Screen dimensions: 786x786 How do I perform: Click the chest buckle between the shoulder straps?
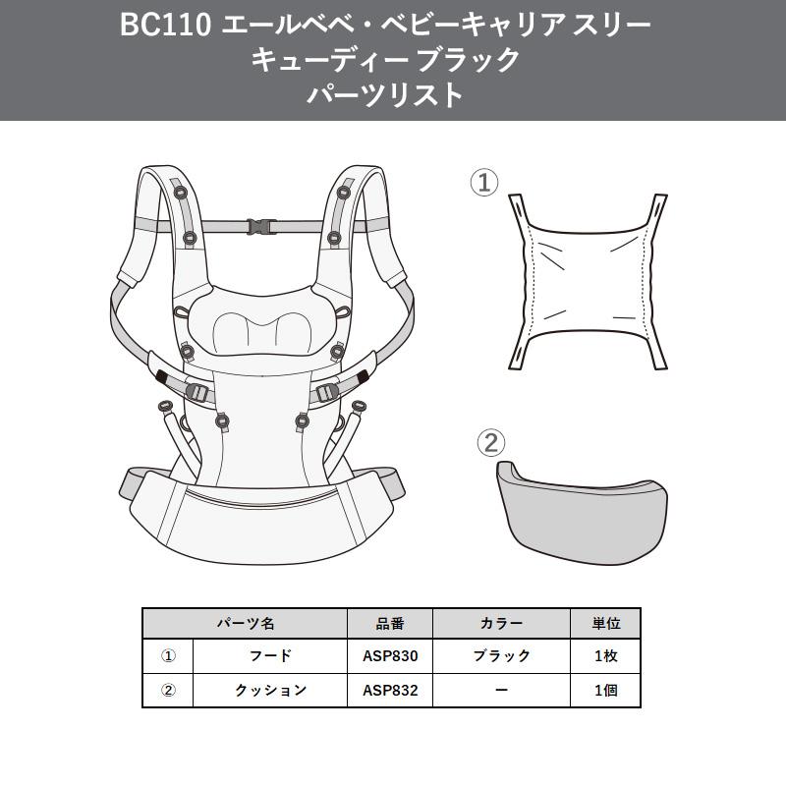(x=261, y=225)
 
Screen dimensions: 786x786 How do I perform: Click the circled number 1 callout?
(x=484, y=182)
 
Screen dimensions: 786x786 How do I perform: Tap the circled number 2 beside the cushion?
(x=490, y=442)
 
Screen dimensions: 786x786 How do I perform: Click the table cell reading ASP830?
(x=390, y=655)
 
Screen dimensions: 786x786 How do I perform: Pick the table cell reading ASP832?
(x=390, y=690)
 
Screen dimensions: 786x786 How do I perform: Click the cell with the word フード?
(x=271, y=655)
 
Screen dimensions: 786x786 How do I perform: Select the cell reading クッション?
(x=271, y=690)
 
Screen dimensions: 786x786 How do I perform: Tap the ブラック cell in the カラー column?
(x=502, y=655)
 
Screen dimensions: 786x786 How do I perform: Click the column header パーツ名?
(x=246, y=623)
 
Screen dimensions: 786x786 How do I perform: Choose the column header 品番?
(x=390, y=623)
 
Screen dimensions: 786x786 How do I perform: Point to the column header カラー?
(x=502, y=623)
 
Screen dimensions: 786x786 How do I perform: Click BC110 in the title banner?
(x=164, y=26)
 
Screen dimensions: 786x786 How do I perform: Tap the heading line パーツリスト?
(x=384, y=94)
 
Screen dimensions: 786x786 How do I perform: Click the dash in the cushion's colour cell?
(x=502, y=690)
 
